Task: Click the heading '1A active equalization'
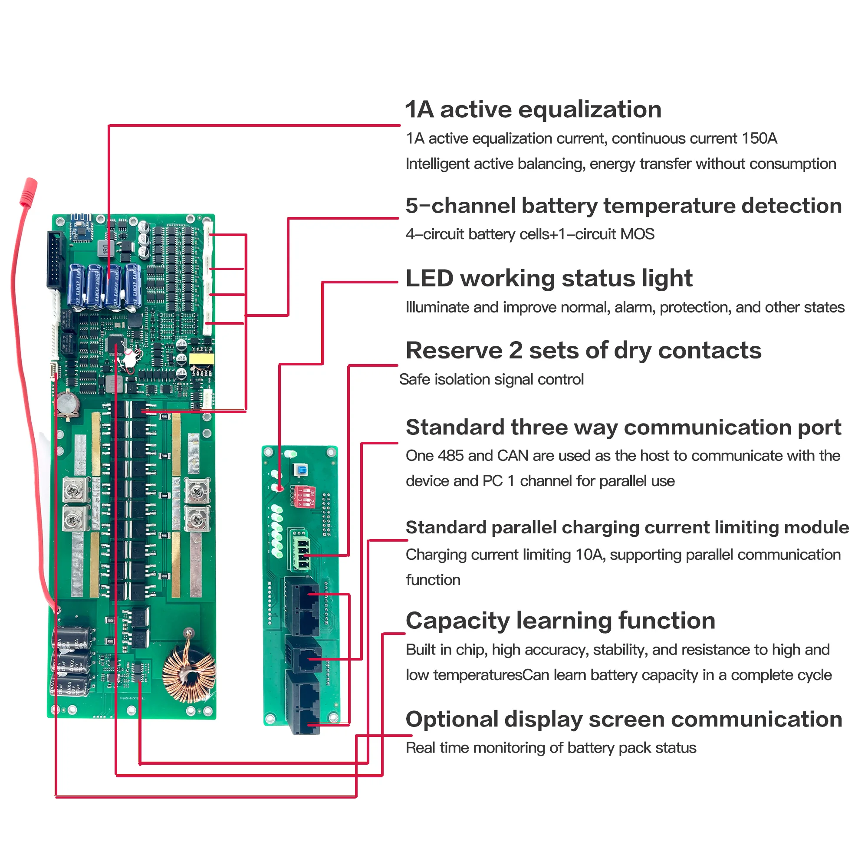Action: click(533, 110)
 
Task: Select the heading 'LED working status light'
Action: click(549, 278)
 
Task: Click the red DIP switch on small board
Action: click(303, 496)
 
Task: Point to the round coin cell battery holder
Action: click(67, 403)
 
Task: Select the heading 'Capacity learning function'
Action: click(560, 621)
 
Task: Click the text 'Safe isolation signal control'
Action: click(491, 380)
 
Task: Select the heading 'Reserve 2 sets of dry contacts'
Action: click(583, 350)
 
